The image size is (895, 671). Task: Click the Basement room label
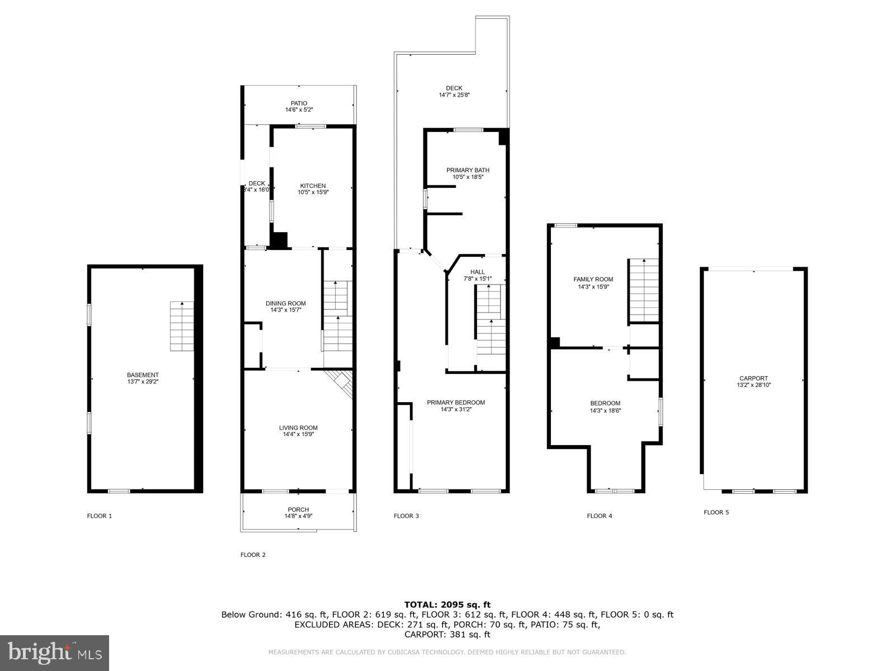pos(143,375)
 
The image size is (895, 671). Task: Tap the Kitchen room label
pos(313,186)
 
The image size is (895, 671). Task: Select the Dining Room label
pos(285,304)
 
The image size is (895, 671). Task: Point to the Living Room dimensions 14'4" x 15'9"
pos(298,434)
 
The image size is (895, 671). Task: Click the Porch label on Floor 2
pos(298,509)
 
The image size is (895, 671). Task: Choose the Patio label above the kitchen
pos(299,103)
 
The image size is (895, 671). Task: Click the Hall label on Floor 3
pos(477,272)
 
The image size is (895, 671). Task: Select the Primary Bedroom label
pos(455,403)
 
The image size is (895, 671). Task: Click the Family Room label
pos(593,280)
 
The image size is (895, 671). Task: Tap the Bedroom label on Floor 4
pos(605,404)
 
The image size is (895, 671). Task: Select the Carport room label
pos(753,379)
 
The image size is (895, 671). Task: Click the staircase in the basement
pos(182,326)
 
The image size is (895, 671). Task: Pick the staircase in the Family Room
pos(643,290)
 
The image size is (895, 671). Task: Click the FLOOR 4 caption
pos(599,516)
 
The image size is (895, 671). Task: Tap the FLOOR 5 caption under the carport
pos(716,512)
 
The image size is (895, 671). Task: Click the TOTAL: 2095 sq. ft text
pos(447,604)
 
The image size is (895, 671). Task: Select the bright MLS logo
pos(55,653)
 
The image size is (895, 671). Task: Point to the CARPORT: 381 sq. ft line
pos(447,635)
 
